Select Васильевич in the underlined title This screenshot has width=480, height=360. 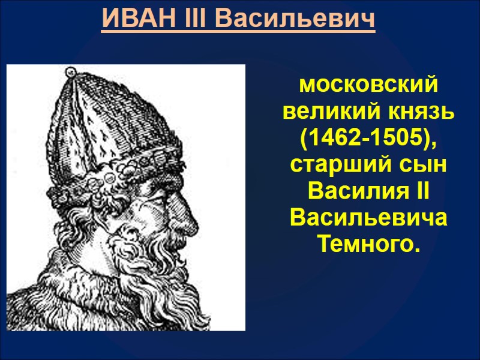tap(295, 19)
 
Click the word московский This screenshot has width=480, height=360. tap(369, 86)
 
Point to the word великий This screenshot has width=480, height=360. tap(326, 112)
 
